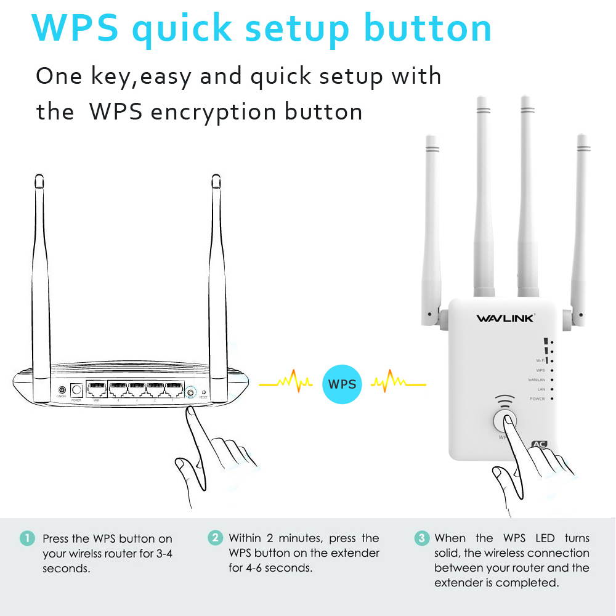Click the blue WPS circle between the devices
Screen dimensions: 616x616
342,384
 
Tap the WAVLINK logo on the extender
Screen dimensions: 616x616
505,318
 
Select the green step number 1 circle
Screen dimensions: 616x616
27,538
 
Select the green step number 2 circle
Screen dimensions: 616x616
214,538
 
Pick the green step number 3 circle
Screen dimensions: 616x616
421,538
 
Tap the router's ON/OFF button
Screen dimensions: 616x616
62,390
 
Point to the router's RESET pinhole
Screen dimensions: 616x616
203,392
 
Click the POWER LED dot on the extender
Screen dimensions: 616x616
552,399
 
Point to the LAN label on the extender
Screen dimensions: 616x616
541,389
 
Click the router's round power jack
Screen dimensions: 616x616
77,390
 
